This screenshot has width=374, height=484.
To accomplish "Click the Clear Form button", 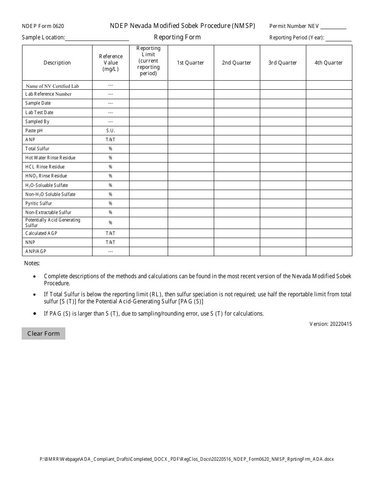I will pyautogui.click(x=43, y=334).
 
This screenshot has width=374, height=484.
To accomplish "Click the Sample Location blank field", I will pyautogui.click(x=97, y=37).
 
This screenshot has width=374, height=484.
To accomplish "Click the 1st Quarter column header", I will pyautogui.click(x=191, y=63).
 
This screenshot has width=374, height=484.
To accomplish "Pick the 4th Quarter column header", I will pyautogui.click(x=329, y=63).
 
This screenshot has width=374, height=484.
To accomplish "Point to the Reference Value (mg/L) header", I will pyautogui.click(x=111, y=63).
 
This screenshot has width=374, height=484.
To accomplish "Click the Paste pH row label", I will pyautogui.click(x=34, y=131).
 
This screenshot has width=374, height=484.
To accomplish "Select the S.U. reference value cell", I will pyautogui.click(x=111, y=131).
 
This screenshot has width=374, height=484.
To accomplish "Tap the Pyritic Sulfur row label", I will pyautogui.click(x=39, y=203).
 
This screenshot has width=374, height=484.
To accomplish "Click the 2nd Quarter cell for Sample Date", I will pyautogui.click(x=237, y=103).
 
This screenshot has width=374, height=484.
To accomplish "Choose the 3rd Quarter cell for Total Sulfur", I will pyautogui.click(x=283, y=149).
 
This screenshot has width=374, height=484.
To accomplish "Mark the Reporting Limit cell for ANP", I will pyautogui.click(x=148, y=140).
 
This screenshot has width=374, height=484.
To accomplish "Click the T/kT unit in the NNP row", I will pyautogui.click(x=111, y=242).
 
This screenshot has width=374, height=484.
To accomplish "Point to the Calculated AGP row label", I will pyautogui.click(x=41, y=233).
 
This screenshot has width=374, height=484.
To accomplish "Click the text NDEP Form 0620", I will pyautogui.click(x=43, y=26).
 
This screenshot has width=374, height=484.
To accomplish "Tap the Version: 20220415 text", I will pyautogui.click(x=331, y=324).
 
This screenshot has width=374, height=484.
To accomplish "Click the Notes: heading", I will pyautogui.click(x=32, y=263).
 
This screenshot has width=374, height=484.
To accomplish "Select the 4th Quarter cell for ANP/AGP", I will pyautogui.click(x=329, y=251).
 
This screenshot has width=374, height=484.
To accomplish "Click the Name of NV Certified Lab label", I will pyautogui.click(x=53, y=86).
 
